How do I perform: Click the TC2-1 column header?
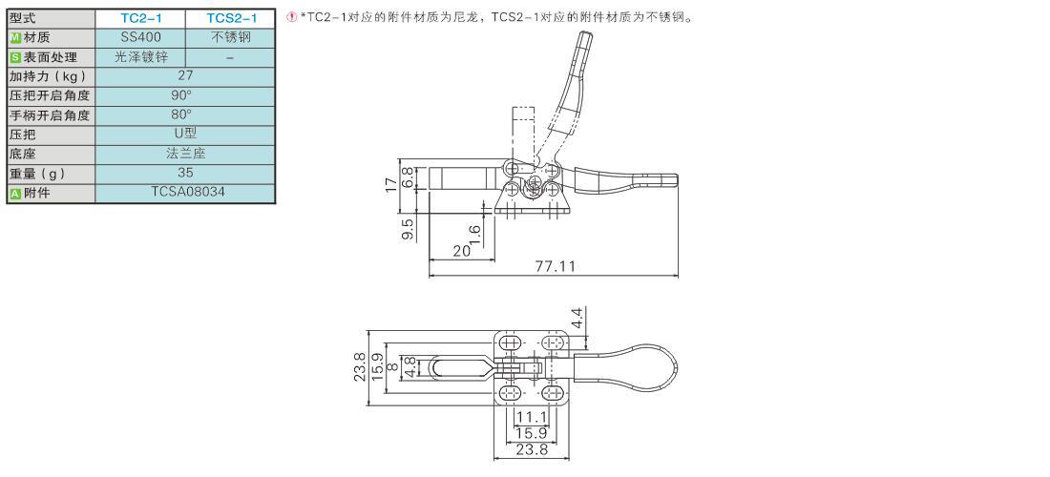coord(140,18)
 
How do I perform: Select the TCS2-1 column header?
coord(230,18)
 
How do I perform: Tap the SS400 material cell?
coord(140,37)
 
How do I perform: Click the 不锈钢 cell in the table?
coord(230,37)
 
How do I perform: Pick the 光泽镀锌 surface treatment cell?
coord(140,57)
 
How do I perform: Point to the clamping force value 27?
coord(185,75)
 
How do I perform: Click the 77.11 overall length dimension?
coord(556,266)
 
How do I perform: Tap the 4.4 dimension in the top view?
coord(577,318)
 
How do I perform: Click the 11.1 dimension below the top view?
coord(533,417)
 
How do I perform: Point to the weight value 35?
coord(185,173)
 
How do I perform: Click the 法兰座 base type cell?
coord(185,154)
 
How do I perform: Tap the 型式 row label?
coord(24,18)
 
